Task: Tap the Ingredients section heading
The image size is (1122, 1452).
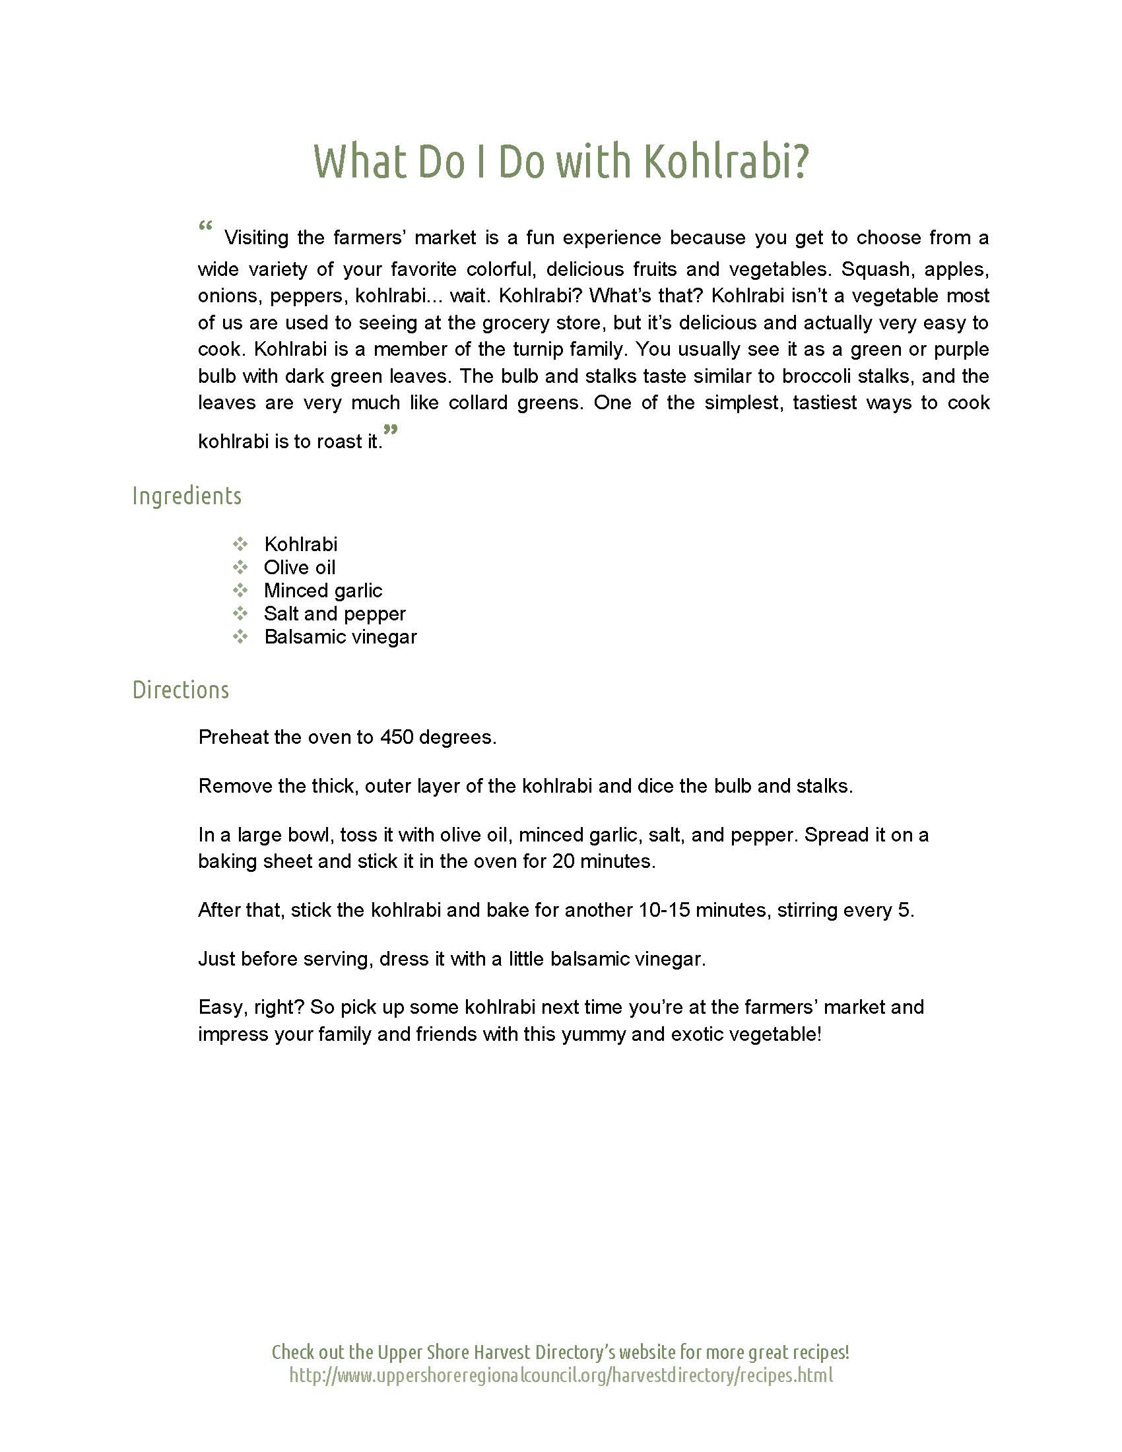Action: (x=187, y=496)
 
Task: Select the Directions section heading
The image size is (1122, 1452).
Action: (x=181, y=690)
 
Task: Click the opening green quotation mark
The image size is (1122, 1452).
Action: (x=205, y=226)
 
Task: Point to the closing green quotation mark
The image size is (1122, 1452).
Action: (x=391, y=430)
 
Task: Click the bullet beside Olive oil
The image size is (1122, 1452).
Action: (x=240, y=567)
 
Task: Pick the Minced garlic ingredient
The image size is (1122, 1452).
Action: (x=323, y=591)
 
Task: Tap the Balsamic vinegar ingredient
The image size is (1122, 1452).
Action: (x=341, y=637)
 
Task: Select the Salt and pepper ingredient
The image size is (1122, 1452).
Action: (x=335, y=614)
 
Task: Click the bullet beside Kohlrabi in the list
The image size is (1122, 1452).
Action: (x=240, y=544)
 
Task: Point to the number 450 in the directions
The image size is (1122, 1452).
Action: (x=396, y=737)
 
